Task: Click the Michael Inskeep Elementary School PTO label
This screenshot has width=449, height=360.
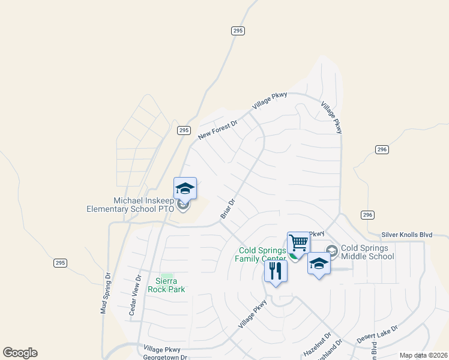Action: click(x=130, y=205)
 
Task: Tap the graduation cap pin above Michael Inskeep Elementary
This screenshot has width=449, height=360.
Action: click(x=185, y=188)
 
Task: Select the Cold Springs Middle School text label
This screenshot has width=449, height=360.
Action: click(x=367, y=252)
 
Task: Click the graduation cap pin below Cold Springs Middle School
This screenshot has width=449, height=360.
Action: click(x=319, y=265)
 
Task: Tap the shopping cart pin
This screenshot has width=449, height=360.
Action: click(x=298, y=243)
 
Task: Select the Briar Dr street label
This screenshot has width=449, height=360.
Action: click(x=228, y=208)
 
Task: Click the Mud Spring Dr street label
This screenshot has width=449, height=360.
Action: click(x=106, y=294)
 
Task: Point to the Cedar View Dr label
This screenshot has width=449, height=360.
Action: click(x=136, y=287)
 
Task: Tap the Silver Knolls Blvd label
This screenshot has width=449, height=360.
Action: click(x=406, y=235)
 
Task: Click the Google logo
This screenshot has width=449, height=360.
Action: click(x=20, y=353)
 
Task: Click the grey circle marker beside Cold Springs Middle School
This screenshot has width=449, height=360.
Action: click(x=331, y=250)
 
